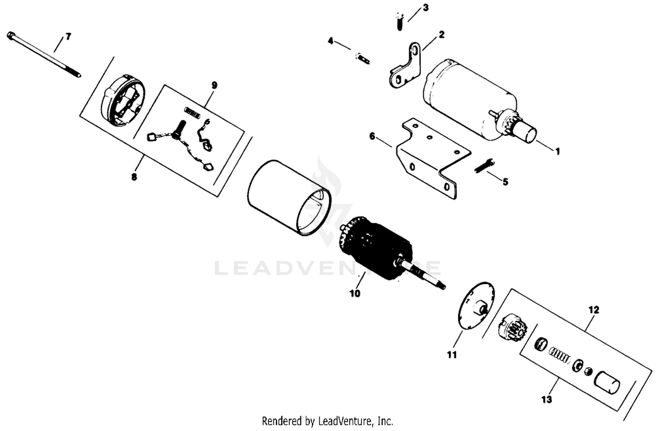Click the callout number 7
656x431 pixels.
[68, 37]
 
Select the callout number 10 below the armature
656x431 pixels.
[355, 294]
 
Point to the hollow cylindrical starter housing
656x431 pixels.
[289, 198]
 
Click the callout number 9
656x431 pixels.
[214, 86]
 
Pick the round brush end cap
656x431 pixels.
[123, 101]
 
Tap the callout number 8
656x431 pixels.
[134, 177]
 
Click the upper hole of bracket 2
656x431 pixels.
[415, 51]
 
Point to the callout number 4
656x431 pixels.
[331, 41]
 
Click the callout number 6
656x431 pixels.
[372, 136]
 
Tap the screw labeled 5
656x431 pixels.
[485, 166]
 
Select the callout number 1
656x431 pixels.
[558, 151]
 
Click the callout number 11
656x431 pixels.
[452, 355]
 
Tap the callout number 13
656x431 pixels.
[547, 399]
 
